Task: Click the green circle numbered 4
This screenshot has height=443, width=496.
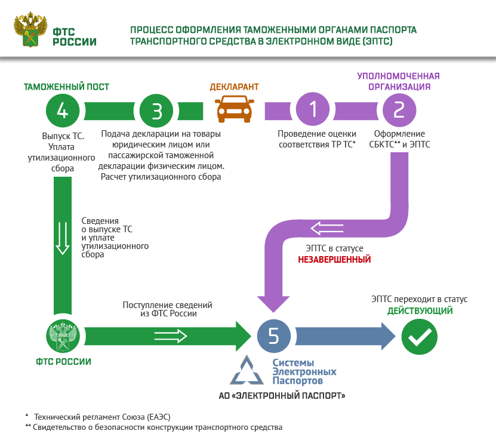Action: (x=63, y=110)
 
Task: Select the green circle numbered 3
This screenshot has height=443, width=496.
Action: (x=157, y=110)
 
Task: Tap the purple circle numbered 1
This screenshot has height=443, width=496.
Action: (x=313, y=110)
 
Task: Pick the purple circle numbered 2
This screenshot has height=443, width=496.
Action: (x=399, y=110)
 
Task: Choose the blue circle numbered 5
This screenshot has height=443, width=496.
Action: (x=274, y=336)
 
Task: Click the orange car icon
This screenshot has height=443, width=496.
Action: (x=233, y=110)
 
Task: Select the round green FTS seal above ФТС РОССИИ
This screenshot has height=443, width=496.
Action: (x=63, y=337)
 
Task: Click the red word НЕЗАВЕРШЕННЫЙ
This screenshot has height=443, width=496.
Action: (x=335, y=260)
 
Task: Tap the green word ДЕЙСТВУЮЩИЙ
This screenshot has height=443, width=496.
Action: (x=420, y=311)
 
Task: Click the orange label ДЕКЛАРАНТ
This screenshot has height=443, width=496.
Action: (x=234, y=87)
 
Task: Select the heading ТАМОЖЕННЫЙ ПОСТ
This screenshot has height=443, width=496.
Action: (x=66, y=87)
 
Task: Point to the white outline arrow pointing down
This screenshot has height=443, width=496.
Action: (x=62, y=237)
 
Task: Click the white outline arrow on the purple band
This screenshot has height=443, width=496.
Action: (x=328, y=228)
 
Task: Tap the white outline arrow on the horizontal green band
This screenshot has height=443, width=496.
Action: (x=171, y=336)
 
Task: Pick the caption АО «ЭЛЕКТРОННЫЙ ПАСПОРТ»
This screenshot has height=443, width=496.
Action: (x=282, y=396)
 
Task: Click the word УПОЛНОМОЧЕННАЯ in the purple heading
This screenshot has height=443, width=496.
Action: (x=398, y=76)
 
